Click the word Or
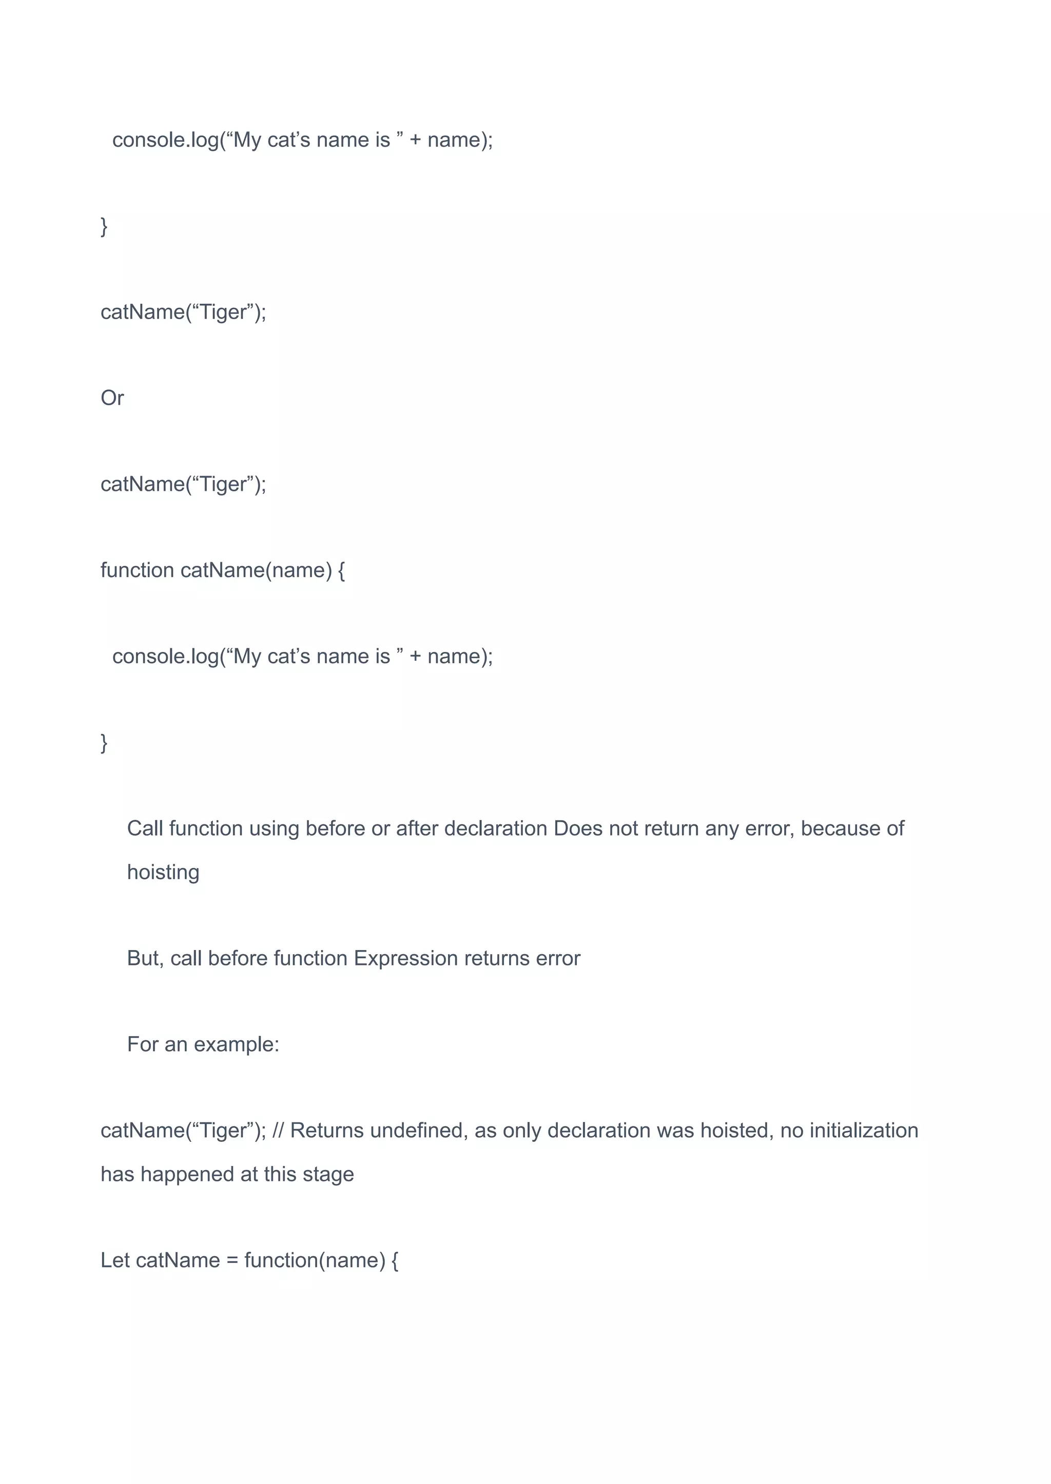(112, 398)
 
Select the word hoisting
(163, 873)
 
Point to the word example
(236, 1044)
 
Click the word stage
(329, 1174)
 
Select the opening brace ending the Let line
(395, 1260)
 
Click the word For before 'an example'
(142, 1044)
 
